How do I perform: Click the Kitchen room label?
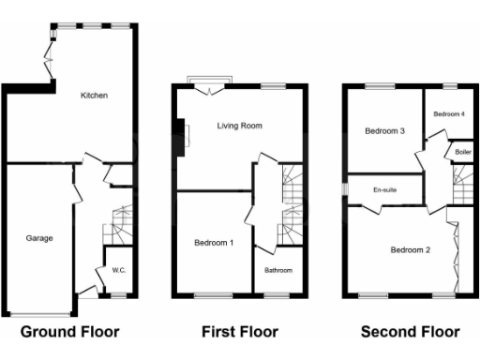pyautogui.click(x=94, y=95)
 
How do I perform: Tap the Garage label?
pyautogui.click(x=39, y=238)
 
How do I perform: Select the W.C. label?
pyautogui.click(x=119, y=271)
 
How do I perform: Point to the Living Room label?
pyautogui.click(x=239, y=125)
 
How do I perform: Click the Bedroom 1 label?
pyautogui.click(x=214, y=243)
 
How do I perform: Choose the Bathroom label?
pyautogui.click(x=277, y=271)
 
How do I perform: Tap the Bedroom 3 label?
pyautogui.click(x=384, y=131)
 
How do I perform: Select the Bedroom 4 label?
pyautogui.click(x=449, y=113)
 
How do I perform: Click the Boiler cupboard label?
pyautogui.click(x=462, y=151)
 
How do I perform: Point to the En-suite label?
pyautogui.click(x=385, y=190)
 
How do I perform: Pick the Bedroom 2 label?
pyautogui.click(x=410, y=249)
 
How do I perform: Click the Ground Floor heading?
pyautogui.click(x=69, y=331)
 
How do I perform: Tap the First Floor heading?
pyautogui.click(x=240, y=331)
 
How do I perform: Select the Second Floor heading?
pyautogui.click(x=410, y=331)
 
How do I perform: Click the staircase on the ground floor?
pyautogui.click(x=119, y=226)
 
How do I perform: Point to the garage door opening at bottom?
pyautogui.click(x=40, y=311)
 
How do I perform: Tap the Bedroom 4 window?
pyautogui.click(x=449, y=86)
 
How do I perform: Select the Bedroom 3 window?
pyautogui.click(x=380, y=86)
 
